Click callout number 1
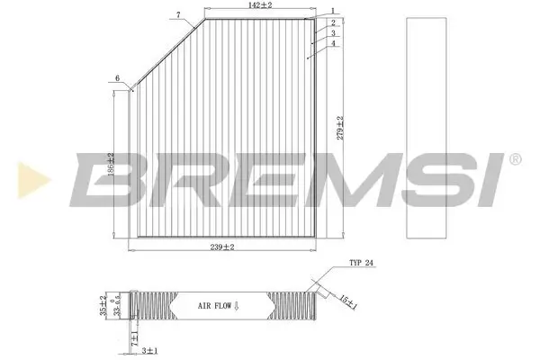(332, 11)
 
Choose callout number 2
(332, 22)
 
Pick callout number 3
(332, 32)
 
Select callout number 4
(332, 43)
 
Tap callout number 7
(178, 14)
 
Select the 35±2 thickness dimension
(103, 302)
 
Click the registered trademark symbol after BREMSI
(514, 159)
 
